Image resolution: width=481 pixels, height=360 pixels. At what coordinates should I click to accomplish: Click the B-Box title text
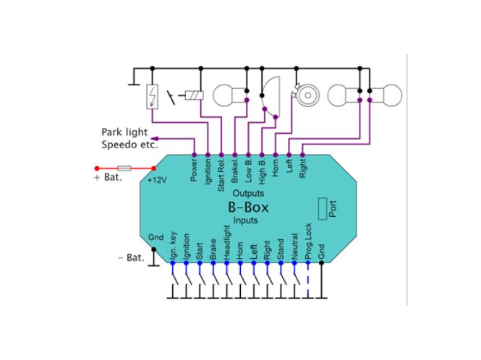point(248,207)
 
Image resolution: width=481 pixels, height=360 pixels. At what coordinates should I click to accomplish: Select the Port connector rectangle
point(323,209)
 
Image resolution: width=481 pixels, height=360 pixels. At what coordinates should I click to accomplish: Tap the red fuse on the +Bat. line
point(124,168)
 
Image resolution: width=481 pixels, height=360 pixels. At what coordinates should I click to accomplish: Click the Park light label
point(124,132)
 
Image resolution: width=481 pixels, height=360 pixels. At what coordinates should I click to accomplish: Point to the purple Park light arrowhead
point(154,139)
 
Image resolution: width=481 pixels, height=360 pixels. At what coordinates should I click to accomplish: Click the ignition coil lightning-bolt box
point(152,96)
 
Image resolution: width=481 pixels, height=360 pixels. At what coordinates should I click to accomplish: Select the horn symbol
point(305,95)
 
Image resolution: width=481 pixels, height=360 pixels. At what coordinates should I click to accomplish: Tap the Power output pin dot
point(194,155)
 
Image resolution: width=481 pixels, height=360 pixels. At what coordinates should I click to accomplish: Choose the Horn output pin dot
point(275,155)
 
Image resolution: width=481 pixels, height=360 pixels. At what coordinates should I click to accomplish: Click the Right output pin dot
point(302,155)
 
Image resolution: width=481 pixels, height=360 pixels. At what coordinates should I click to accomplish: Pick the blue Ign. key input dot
point(173,263)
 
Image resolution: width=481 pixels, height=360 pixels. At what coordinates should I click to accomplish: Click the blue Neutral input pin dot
point(294,263)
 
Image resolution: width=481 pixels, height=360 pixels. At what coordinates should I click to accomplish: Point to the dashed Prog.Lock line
point(308,280)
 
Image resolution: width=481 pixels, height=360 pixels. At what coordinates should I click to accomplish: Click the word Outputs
point(248,193)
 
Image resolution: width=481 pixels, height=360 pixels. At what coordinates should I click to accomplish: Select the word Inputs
point(245,220)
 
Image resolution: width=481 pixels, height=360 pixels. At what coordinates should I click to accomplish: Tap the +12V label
point(157,180)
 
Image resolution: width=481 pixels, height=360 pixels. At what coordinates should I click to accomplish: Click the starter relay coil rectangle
point(194,95)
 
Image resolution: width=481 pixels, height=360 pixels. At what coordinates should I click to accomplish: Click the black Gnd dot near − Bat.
point(153,249)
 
